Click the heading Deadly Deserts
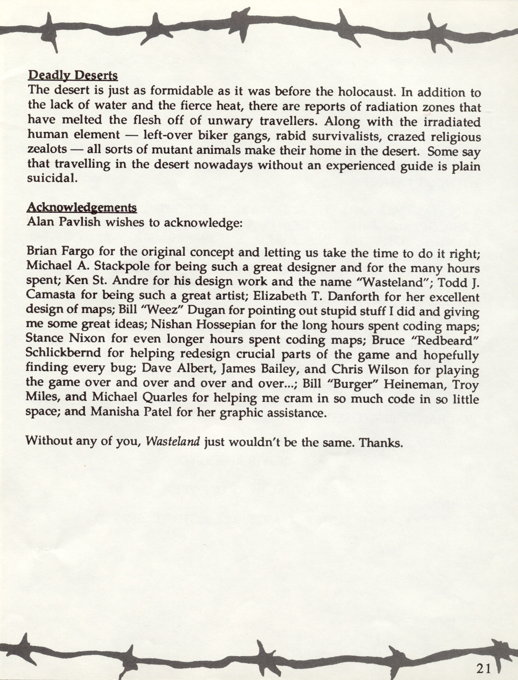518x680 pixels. pos(73,76)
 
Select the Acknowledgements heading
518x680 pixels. pos(82,208)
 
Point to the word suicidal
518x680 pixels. pos(52,179)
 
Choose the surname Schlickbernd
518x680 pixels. pos(63,353)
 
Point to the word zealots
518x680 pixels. pos(47,150)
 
